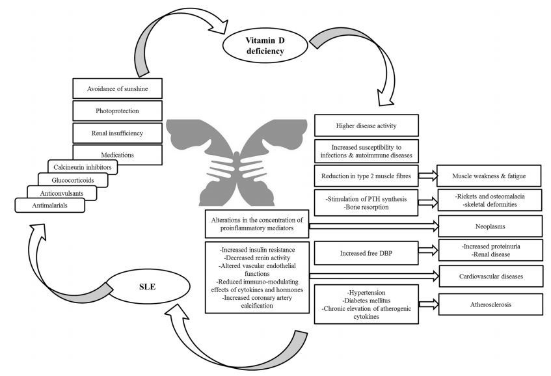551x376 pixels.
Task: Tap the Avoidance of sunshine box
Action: [x=116, y=88]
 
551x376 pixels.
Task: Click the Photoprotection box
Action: [x=116, y=111]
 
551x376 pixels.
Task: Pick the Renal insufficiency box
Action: [x=116, y=133]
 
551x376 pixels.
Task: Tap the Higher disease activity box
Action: [x=366, y=125]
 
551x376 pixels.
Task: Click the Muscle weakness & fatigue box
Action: [x=490, y=176]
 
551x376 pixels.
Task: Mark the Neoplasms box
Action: [x=490, y=226]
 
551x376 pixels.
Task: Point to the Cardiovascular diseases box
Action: [x=490, y=276]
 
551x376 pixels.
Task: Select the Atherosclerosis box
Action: [x=490, y=304]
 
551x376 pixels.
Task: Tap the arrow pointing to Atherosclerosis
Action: [x=427, y=304]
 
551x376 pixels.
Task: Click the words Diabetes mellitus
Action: [x=362, y=302]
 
